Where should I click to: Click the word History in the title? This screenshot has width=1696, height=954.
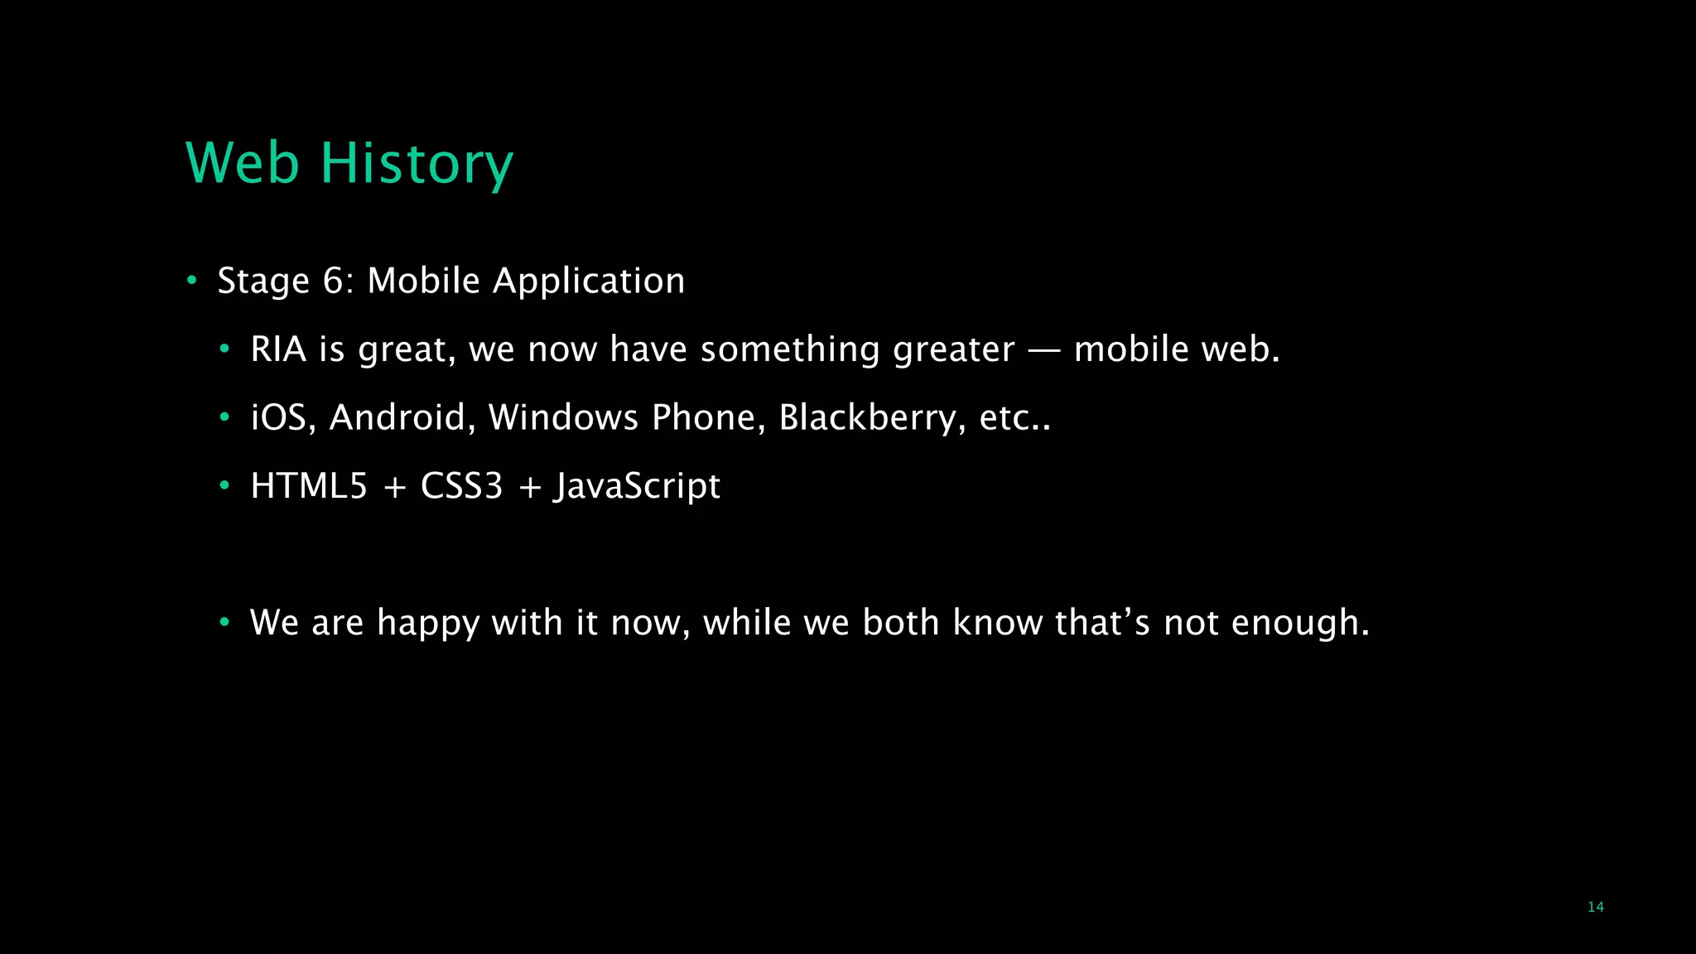point(417,163)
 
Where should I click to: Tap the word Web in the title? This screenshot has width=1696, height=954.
point(242,163)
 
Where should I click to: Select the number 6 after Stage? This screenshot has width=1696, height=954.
point(333,282)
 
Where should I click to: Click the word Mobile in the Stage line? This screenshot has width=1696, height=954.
point(423,282)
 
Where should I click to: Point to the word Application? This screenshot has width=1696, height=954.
point(589,282)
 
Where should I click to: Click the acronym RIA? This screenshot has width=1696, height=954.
point(278,349)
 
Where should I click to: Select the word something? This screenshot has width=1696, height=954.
point(790,349)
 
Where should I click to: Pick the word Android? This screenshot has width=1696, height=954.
point(397,417)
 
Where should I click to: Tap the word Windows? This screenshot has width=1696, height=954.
point(563,417)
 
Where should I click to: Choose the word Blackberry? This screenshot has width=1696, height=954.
point(867,417)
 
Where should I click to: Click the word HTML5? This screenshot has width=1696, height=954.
point(309,486)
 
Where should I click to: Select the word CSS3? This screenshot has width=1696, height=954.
point(461,486)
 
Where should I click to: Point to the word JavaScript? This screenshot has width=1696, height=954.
point(637,486)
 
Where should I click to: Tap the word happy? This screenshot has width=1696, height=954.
point(428,623)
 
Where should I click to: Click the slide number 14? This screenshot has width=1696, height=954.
point(1595,907)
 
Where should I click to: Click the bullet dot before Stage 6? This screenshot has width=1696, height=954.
point(191,281)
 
